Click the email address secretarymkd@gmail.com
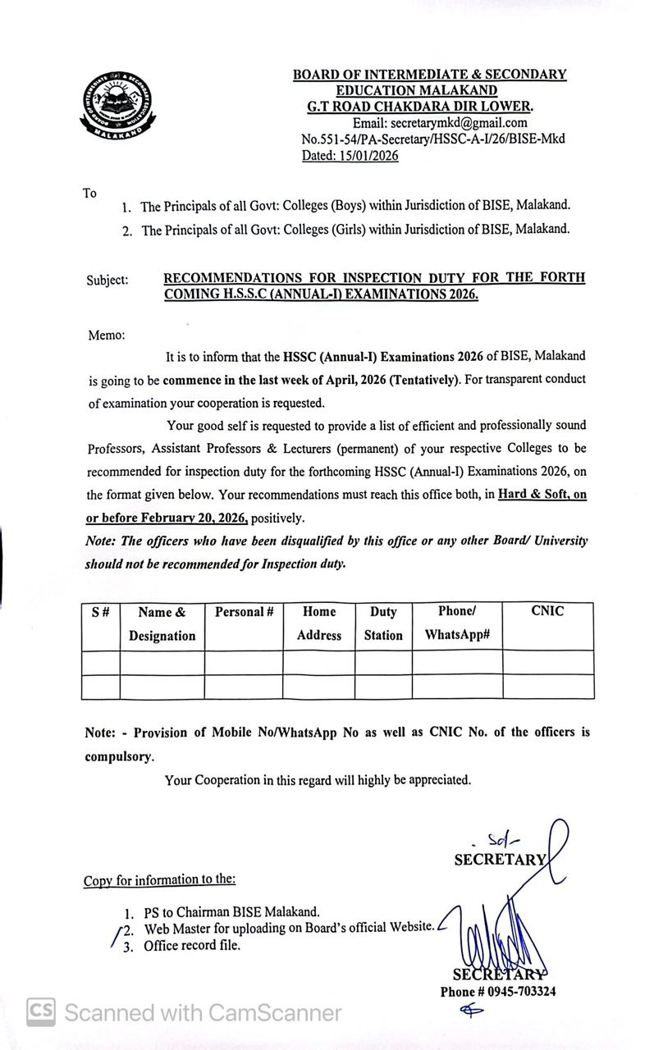pos(458,123)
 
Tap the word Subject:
pos(107,281)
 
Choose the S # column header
pos(101,612)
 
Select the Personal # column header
pos(244,612)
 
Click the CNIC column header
pos(547,611)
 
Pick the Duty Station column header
pos(383,623)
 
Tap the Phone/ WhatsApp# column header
pos(457,623)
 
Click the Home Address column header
pos(319,623)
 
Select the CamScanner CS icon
pos(42,1012)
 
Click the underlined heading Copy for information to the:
pos(159,880)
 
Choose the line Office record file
pos(193,946)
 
